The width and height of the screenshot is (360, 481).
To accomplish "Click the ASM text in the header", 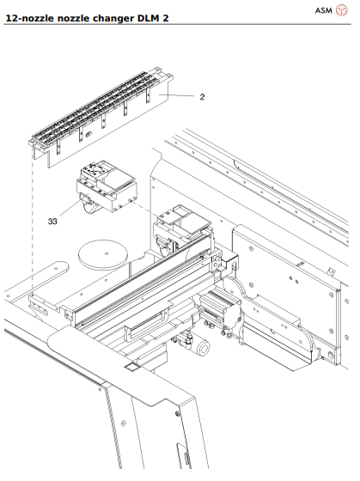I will [323, 10].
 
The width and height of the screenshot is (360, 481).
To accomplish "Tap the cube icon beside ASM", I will [341, 10].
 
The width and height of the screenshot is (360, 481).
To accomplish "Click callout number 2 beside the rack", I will [202, 97].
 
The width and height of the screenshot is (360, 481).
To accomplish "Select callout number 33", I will [52, 221].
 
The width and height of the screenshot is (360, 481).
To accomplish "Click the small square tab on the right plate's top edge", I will [329, 269].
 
